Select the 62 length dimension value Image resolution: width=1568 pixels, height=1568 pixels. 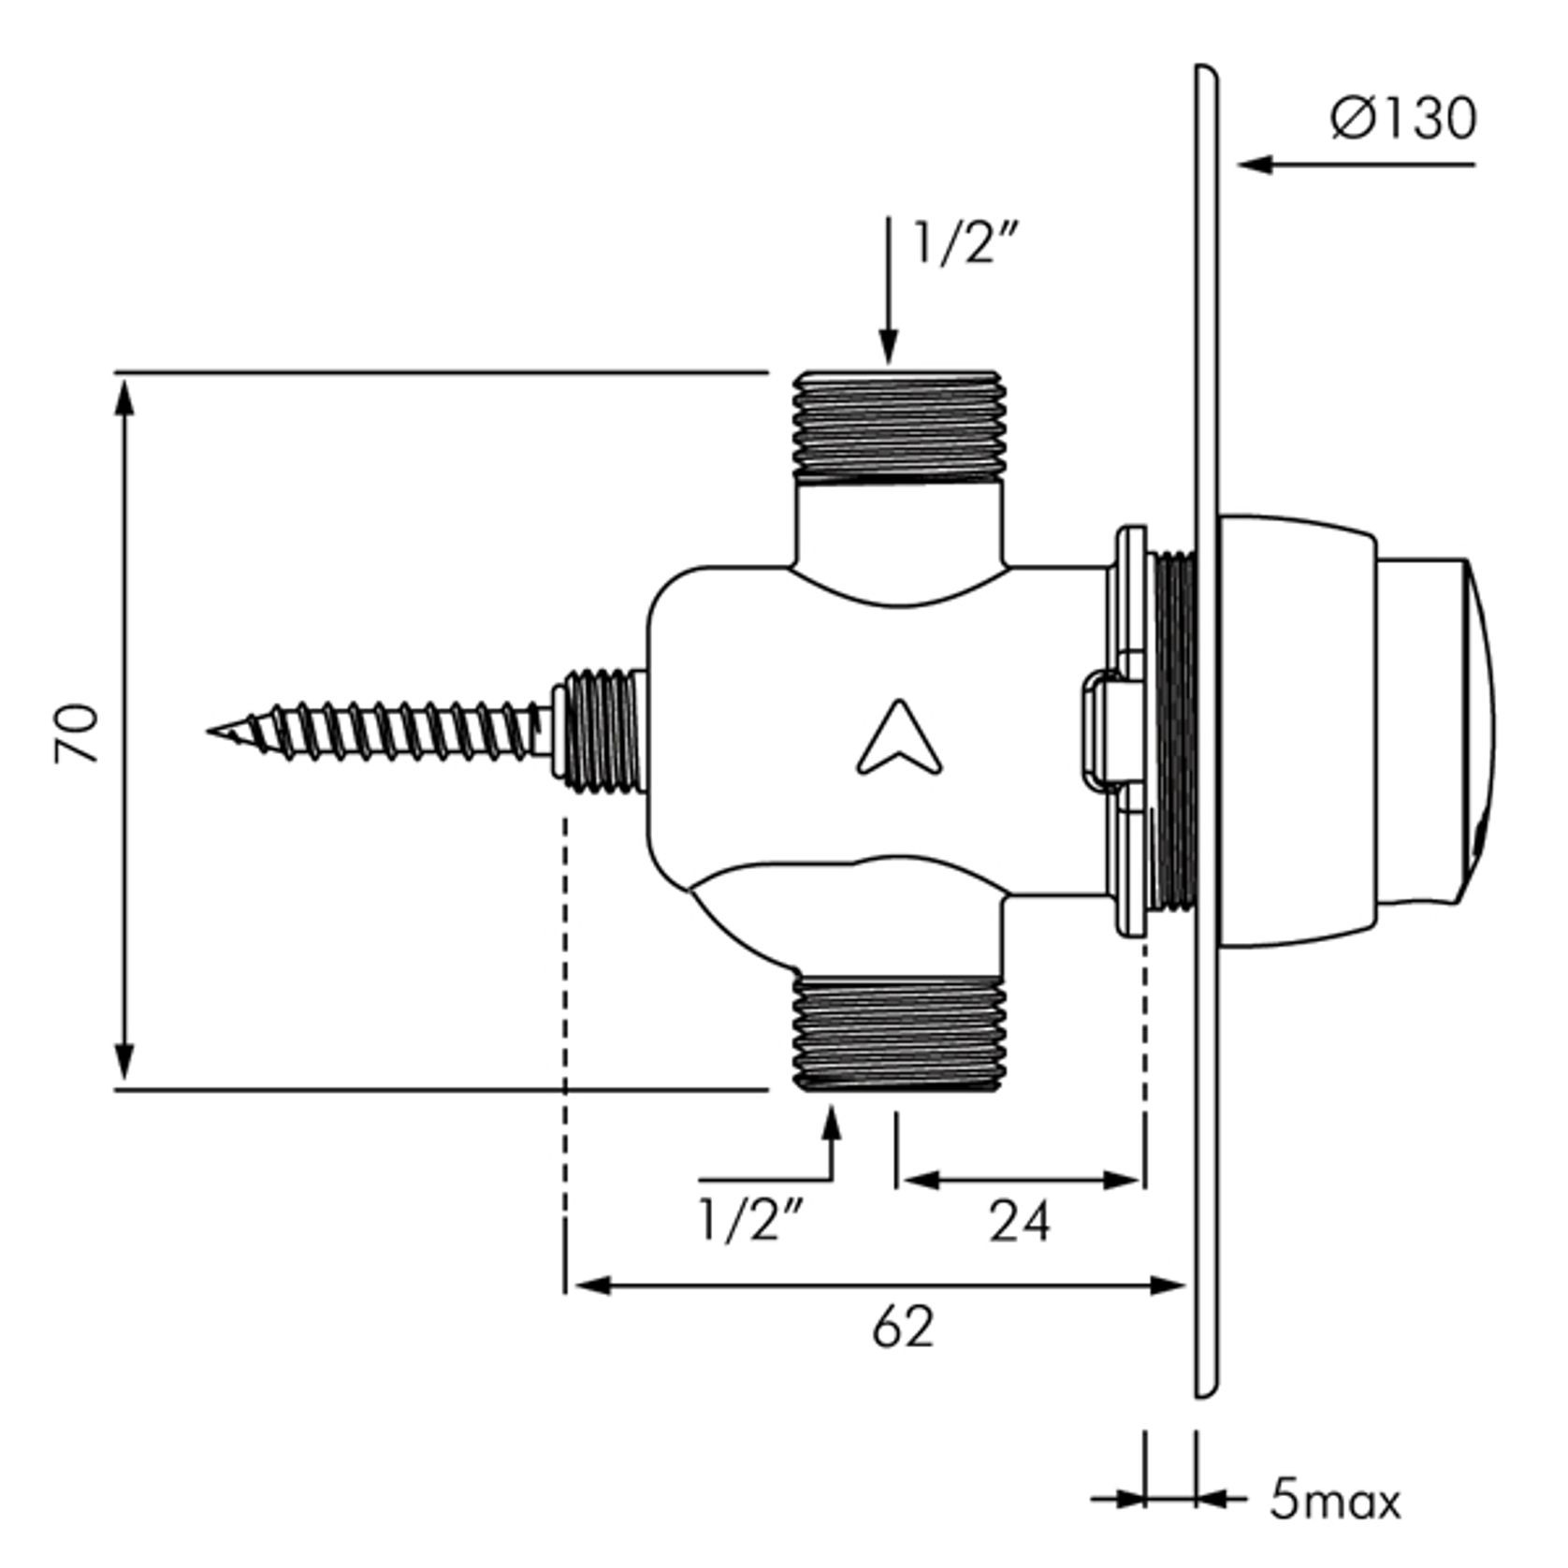click(x=903, y=1328)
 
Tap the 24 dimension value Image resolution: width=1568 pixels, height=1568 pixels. click(x=1020, y=1222)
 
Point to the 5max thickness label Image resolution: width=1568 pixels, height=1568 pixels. click(x=1335, y=1502)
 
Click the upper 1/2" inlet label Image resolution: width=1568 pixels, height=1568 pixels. click(x=965, y=242)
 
